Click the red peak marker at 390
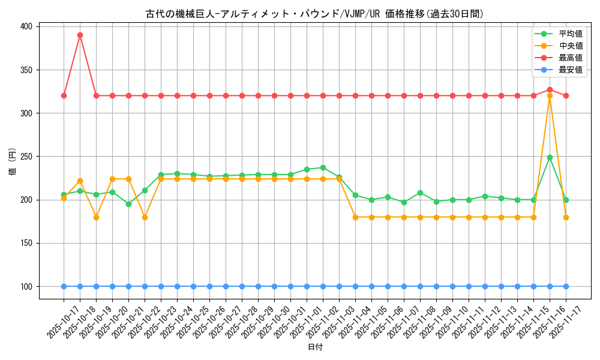pyautogui.click(x=80, y=35)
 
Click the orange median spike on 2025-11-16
pyautogui.click(x=550, y=95)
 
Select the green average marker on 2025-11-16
pyautogui.click(x=550, y=157)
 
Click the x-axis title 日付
pyautogui.click(x=315, y=347)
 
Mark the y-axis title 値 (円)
pyautogui.click(x=13, y=162)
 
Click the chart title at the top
pyautogui.click(x=315, y=14)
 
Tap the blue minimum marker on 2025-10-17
pyautogui.click(x=64, y=286)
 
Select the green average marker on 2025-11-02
pyautogui.click(x=323, y=167)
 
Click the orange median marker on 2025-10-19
pyautogui.click(x=96, y=217)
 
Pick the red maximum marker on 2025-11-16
pyautogui.click(x=550, y=89)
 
